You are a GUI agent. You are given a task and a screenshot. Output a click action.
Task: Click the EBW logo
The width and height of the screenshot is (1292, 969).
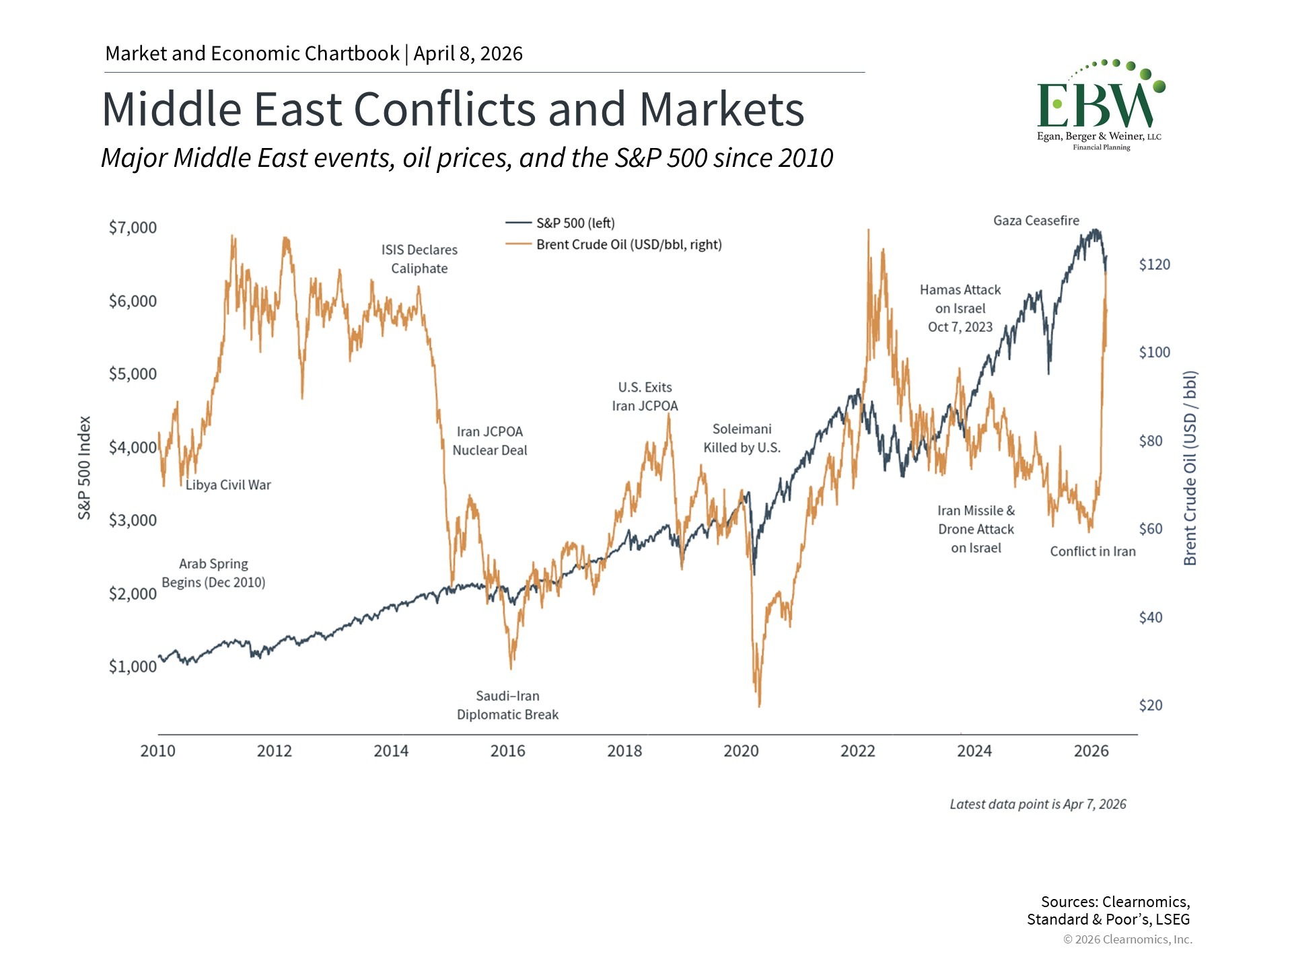coord(1100,105)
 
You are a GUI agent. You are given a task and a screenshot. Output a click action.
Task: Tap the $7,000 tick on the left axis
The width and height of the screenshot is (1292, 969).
coord(133,227)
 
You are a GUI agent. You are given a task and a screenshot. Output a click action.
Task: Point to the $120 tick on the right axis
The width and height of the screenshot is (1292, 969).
coord(1154,264)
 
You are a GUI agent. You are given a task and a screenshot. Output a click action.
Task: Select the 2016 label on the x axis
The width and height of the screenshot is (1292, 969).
coord(507,751)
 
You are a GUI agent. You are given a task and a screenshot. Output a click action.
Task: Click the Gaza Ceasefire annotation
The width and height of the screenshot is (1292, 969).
coord(1036,221)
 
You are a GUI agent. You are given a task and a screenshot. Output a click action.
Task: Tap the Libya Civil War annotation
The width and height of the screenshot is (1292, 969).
coord(228,485)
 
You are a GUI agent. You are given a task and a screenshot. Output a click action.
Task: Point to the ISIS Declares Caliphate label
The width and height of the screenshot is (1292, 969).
coord(419,259)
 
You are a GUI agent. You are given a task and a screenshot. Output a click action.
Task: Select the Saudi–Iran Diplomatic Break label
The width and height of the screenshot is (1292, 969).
coord(507,705)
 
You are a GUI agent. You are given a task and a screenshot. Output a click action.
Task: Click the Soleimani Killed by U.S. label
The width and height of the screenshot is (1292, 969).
coord(742,438)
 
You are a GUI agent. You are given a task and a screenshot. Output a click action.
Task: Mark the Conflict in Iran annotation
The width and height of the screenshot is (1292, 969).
coord(1092,552)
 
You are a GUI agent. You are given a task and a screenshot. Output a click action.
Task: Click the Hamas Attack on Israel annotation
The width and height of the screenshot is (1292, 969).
coord(960,308)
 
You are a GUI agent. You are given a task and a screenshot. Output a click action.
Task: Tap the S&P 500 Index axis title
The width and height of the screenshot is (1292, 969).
coord(84,468)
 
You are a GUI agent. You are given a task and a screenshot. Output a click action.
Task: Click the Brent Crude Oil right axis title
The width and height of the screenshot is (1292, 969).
coord(1190,468)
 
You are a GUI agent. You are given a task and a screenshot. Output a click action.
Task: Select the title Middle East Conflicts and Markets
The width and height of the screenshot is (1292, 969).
coord(453,109)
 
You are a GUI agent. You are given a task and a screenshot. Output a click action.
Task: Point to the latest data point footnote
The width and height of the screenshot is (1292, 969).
coord(1038,804)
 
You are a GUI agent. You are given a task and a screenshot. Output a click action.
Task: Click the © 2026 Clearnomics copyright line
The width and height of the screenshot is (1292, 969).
coord(1127,939)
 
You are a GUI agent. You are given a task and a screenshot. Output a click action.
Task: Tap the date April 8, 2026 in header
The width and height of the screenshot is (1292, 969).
coord(468,54)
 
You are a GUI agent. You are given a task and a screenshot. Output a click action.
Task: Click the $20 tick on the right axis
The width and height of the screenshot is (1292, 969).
coord(1150,705)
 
